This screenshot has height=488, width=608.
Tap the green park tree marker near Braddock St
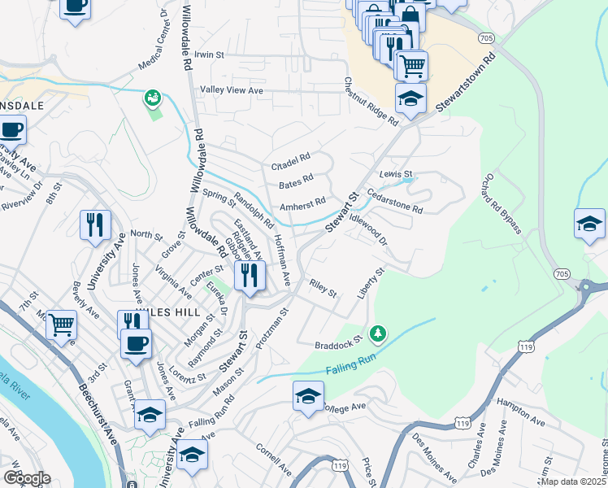[377, 333]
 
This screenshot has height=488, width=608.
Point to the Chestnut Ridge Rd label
[370, 102]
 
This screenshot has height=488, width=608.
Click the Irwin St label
[208, 54]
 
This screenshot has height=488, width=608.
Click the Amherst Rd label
[302, 206]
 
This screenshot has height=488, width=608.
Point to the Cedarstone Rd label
[396, 202]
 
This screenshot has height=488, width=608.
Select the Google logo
[27, 478]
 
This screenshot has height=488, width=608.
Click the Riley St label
[323, 288]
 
